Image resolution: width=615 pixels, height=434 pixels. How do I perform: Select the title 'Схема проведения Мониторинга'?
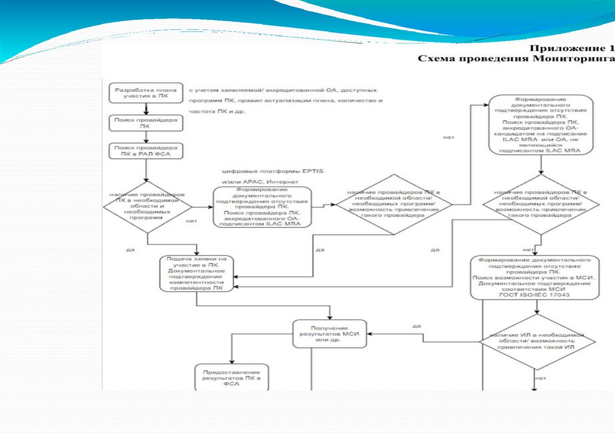[516, 58]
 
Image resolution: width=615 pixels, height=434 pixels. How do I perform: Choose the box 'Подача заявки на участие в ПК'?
[197, 275]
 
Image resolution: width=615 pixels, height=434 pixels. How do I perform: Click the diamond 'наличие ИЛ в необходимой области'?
[537, 342]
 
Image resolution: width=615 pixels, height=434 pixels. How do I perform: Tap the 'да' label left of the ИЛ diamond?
[416, 326]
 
